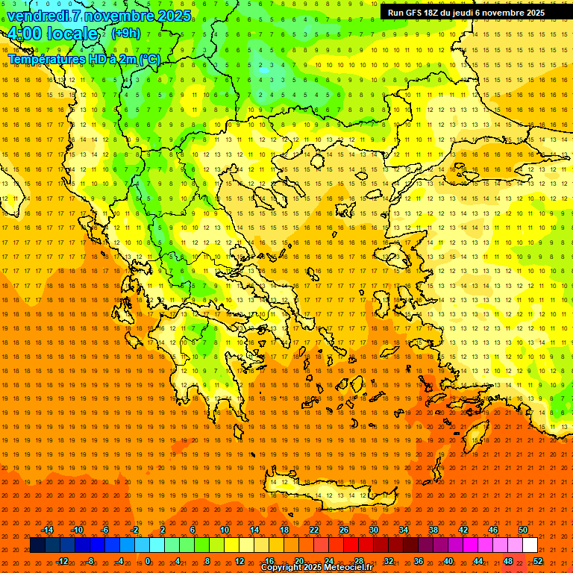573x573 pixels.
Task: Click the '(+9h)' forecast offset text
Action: pyautogui.click(x=125, y=34)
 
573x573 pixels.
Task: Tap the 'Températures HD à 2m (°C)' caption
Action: pyautogui.click(x=84, y=59)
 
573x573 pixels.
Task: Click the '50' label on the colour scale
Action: pyautogui.click(x=522, y=530)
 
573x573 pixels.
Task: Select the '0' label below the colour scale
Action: pyautogui.click(x=147, y=561)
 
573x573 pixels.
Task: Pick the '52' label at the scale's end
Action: pyautogui.click(x=538, y=561)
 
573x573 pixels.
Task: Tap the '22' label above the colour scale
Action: pyautogui.click(x=314, y=530)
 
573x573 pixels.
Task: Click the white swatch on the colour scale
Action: pyautogui.click(x=530, y=545)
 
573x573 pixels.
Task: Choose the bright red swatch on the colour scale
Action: pyautogui.click(x=351, y=545)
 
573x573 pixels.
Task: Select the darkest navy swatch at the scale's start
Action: pyautogui.click(x=37, y=545)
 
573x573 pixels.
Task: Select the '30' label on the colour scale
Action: pyautogui.click(x=374, y=530)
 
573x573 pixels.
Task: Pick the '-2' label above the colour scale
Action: pyautogui.click(x=135, y=530)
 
